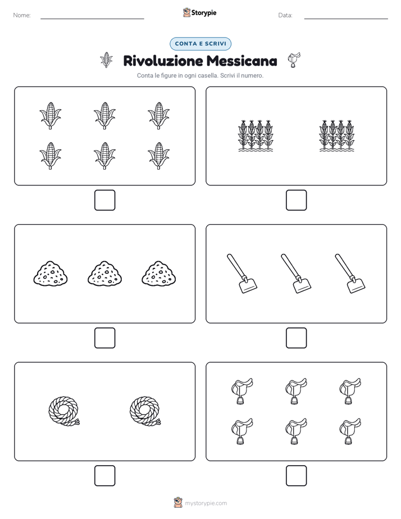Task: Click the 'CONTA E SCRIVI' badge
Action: pyautogui.click(x=200, y=44)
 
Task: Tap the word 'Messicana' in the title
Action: pyautogui.click(x=242, y=61)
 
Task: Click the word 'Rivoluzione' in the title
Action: pyautogui.click(x=163, y=61)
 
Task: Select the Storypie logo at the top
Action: pyautogui.click(x=199, y=12)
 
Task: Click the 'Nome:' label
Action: pyautogui.click(x=22, y=15)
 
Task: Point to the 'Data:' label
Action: pyautogui.click(x=285, y=15)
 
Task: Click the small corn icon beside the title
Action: pyautogui.click(x=106, y=60)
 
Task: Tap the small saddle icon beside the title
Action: pyautogui.click(x=294, y=60)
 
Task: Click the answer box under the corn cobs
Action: pyautogui.click(x=105, y=201)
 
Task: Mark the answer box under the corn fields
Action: pyautogui.click(x=296, y=201)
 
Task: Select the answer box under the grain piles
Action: pyautogui.click(x=105, y=338)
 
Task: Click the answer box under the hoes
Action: pyautogui.click(x=296, y=338)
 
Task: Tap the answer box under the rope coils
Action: pyautogui.click(x=105, y=476)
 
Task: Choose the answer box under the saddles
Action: pyautogui.click(x=296, y=476)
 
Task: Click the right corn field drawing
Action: pyautogui.click(x=336, y=135)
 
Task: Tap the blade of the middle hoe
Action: pyautogui.click(x=302, y=285)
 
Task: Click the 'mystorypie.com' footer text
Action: pyautogui.click(x=206, y=503)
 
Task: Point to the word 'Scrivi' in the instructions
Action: pyautogui.click(x=227, y=75)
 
